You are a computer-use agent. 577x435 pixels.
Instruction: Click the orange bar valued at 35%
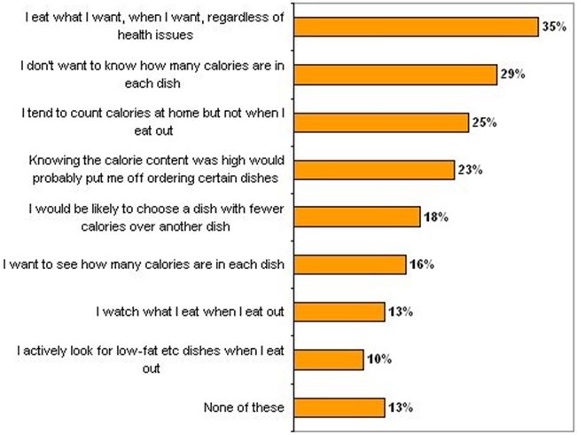click(417, 28)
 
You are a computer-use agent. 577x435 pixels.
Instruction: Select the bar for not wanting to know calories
click(395, 75)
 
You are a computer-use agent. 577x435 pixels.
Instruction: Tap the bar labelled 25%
click(381, 123)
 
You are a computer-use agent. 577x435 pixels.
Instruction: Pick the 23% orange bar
click(374, 170)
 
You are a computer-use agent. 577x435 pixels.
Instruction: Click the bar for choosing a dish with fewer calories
click(356, 217)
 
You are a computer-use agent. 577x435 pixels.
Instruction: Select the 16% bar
click(349, 265)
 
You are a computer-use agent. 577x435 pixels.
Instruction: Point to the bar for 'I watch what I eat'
click(339, 312)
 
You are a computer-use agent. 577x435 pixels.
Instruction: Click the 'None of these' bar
click(339, 407)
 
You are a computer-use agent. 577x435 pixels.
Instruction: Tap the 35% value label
click(554, 28)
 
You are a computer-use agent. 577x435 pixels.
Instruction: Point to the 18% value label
click(434, 217)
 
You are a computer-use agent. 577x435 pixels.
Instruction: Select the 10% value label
click(378, 360)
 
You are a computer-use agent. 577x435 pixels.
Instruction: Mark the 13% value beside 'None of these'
click(400, 407)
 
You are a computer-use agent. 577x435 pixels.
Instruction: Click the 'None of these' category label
click(241, 407)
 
